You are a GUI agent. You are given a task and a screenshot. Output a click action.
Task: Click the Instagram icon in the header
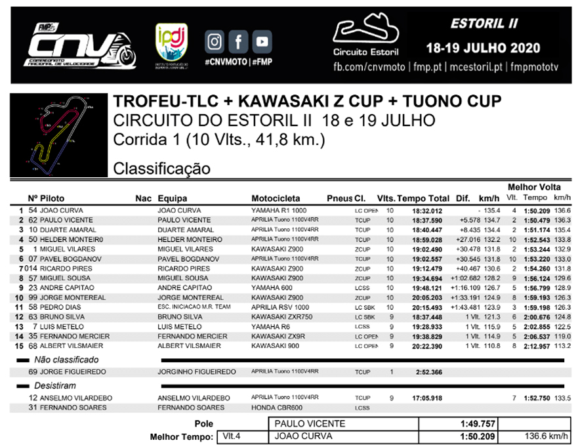click(x=215, y=42)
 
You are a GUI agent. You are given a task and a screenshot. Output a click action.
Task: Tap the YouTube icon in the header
click(x=262, y=42)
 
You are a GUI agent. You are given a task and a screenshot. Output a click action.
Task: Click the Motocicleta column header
click(x=276, y=198)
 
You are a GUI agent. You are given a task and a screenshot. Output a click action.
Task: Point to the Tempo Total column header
click(x=423, y=198)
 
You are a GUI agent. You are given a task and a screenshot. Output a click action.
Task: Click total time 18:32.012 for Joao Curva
click(x=426, y=211)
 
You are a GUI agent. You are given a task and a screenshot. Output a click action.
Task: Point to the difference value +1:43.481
click(x=457, y=307)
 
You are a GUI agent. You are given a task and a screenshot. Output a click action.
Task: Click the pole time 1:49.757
click(x=478, y=424)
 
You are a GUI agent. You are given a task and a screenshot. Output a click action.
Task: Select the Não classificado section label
click(x=66, y=360)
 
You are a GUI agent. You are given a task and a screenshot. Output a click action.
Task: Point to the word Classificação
click(x=162, y=169)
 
